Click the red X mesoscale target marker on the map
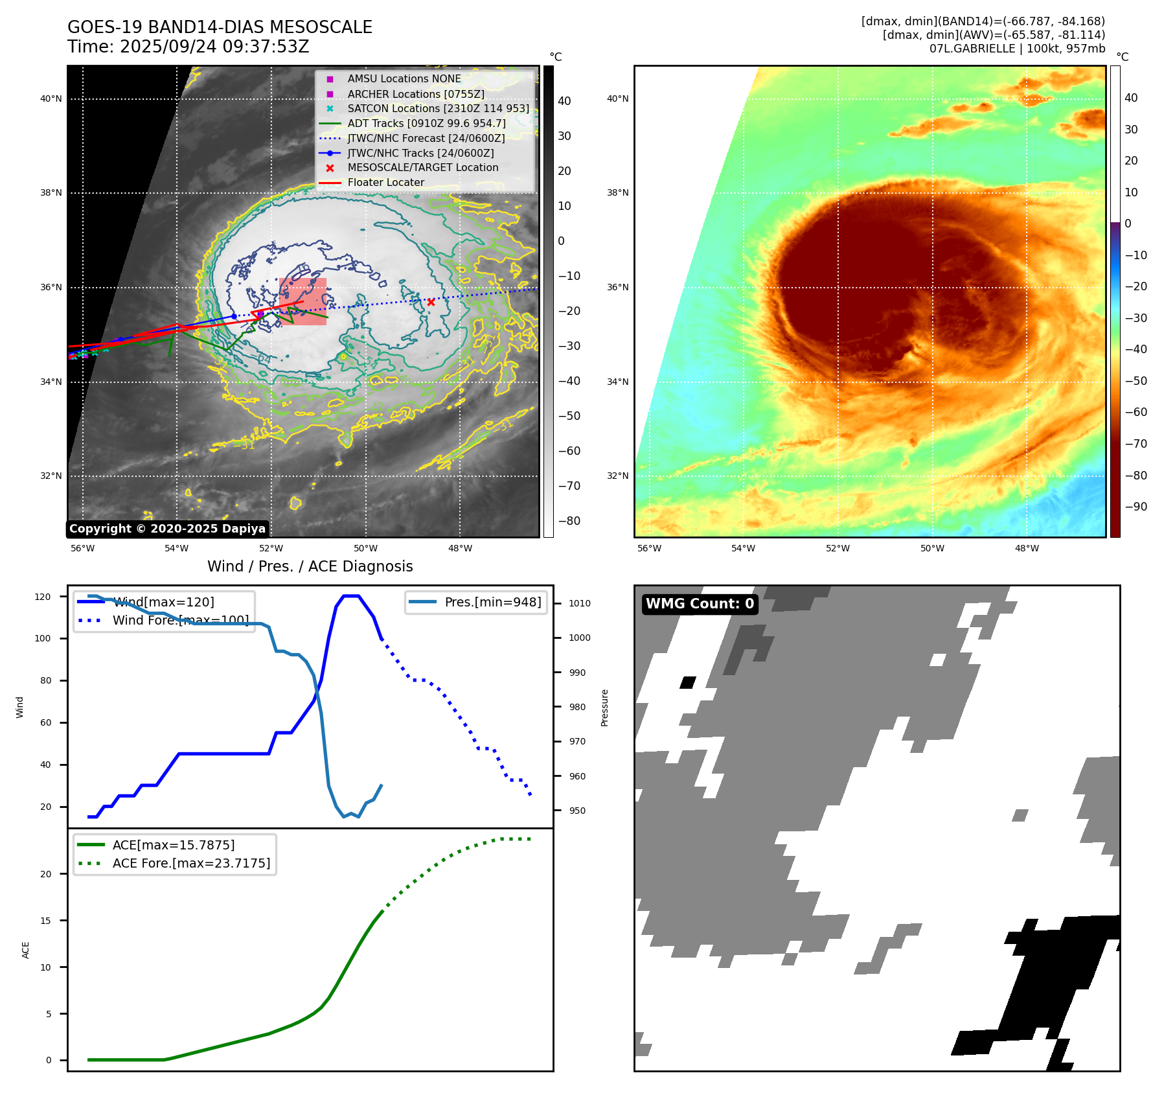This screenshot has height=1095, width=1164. pyautogui.click(x=431, y=302)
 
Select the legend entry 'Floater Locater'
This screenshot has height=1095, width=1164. pyautogui.click(x=385, y=183)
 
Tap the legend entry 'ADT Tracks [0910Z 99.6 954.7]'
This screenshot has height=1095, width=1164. pyautogui.click(x=426, y=123)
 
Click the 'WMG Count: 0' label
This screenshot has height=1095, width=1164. pyautogui.click(x=700, y=604)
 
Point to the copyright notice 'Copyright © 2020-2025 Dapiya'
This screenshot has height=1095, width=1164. pyautogui.click(x=167, y=529)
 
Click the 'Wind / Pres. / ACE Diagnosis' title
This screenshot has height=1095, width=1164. pyautogui.click(x=310, y=566)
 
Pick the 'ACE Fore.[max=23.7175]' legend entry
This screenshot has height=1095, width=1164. pyautogui.click(x=191, y=863)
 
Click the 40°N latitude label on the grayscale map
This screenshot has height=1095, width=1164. pyautogui.click(x=51, y=99)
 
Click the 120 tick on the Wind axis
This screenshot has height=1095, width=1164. pyautogui.click(x=43, y=597)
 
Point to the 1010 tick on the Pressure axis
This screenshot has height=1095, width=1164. pyautogui.click(x=580, y=603)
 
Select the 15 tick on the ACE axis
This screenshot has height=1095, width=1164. pyautogui.click(x=45, y=921)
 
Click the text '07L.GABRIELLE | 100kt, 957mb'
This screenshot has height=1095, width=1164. pyautogui.click(x=1017, y=49)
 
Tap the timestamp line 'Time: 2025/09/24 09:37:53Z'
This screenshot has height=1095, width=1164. pyautogui.click(x=188, y=47)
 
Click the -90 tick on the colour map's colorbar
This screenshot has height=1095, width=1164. pyautogui.click(x=1135, y=507)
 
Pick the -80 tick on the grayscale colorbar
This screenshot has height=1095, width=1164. pyautogui.click(x=569, y=521)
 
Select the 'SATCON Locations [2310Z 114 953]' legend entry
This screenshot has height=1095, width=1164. pyautogui.click(x=438, y=108)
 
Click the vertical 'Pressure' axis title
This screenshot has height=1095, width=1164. pyautogui.click(x=604, y=708)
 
